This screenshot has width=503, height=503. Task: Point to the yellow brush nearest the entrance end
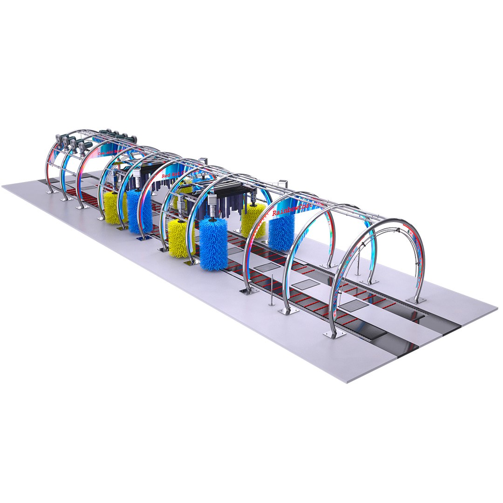(113, 208)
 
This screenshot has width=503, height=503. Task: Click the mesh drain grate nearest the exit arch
(354, 306)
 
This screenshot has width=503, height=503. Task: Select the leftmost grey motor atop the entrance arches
(59, 138)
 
